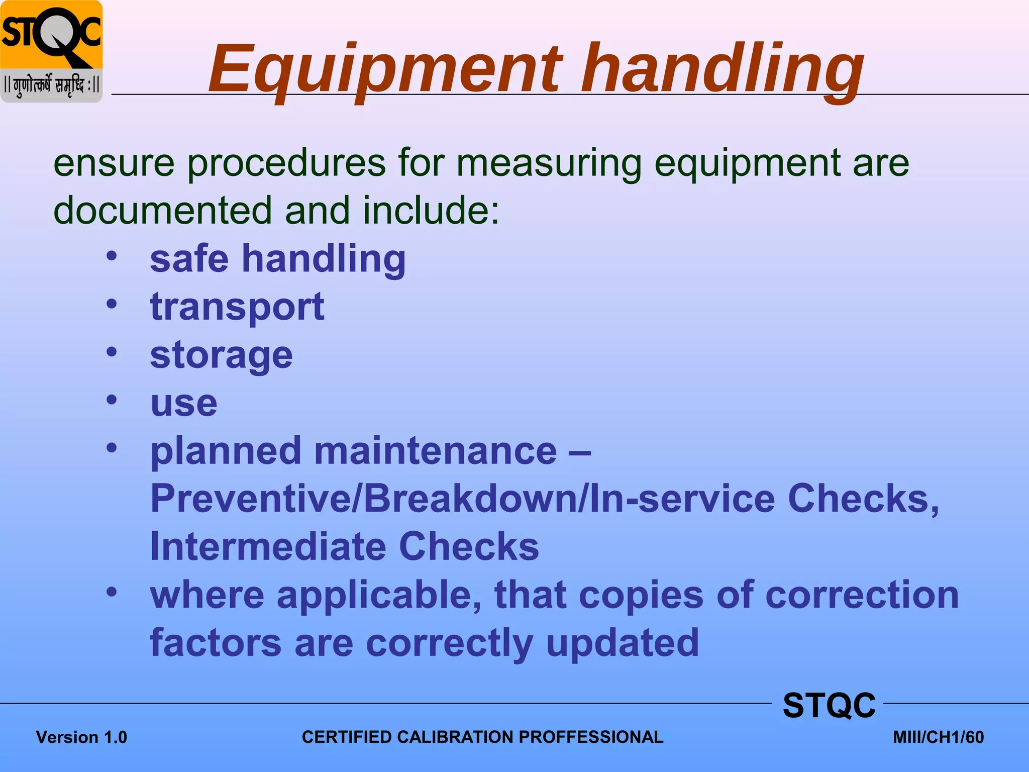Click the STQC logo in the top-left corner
pyautogui.click(x=51, y=51)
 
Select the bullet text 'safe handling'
pyautogui.click(x=277, y=259)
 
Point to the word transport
pyautogui.click(x=237, y=307)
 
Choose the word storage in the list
pyautogui.click(x=221, y=355)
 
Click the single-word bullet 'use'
pyautogui.click(x=184, y=403)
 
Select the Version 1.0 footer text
pyautogui.click(x=81, y=737)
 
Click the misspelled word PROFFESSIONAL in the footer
pyautogui.click(x=591, y=737)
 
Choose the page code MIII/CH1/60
pyautogui.click(x=938, y=737)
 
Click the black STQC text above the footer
pyautogui.click(x=829, y=705)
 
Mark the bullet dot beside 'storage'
pyautogui.click(x=112, y=352)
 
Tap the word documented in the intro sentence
pyautogui.click(x=162, y=210)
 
